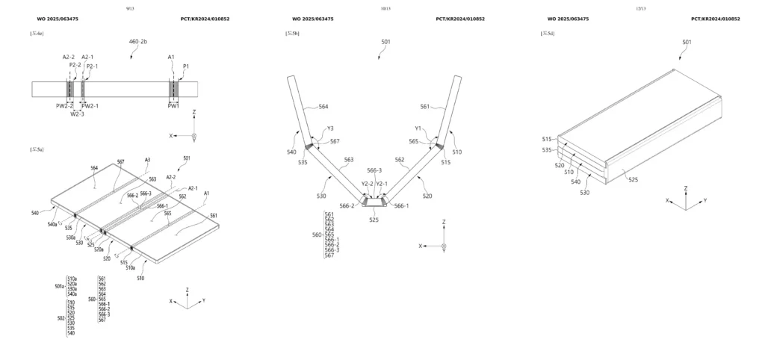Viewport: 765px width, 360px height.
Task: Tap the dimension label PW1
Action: click(173, 106)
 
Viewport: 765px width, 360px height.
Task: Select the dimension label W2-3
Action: click(77, 114)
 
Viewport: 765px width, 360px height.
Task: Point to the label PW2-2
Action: click(65, 106)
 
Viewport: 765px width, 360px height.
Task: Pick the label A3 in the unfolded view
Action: click(148, 160)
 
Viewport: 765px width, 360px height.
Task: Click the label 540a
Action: click(53, 224)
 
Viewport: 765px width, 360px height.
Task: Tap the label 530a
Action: click(72, 238)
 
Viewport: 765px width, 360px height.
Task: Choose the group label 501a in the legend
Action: click(60, 286)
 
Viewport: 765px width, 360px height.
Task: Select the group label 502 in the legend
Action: click(61, 317)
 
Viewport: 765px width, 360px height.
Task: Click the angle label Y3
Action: click(329, 128)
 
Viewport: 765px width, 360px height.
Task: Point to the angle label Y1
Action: click(419, 128)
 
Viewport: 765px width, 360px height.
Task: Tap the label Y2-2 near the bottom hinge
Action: click(366, 184)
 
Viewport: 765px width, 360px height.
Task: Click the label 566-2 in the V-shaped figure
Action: click(347, 206)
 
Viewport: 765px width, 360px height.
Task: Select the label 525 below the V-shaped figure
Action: click(374, 220)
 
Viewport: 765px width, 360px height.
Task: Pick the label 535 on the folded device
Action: click(547, 149)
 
